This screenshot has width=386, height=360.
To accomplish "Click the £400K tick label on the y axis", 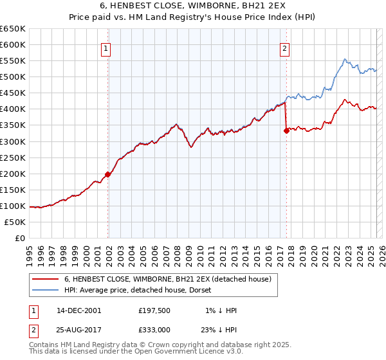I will pos(13,109).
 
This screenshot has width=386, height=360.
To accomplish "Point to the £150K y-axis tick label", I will pos(13,190).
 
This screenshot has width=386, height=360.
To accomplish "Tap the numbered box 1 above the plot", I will pos(105,47).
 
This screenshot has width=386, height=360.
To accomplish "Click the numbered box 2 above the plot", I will pos(284,47).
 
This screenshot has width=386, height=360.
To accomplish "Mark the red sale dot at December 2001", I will pos(108,174).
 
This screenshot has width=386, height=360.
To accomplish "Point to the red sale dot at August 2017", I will pos(286,130).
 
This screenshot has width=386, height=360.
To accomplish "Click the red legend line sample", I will pos(45,279).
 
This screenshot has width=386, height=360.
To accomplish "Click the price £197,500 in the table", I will pos(154,310).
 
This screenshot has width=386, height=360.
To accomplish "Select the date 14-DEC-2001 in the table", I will pos(79,310).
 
